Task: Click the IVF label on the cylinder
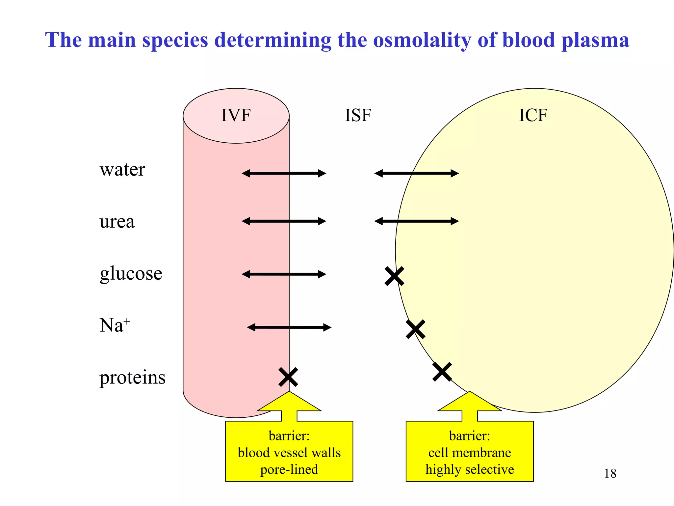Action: (236, 115)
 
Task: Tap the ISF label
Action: (358, 115)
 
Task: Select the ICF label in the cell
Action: (533, 115)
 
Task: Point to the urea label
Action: (117, 221)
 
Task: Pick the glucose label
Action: (131, 273)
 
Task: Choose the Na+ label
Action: (114, 325)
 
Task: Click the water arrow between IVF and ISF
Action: (284, 173)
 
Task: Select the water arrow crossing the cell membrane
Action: (416, 173)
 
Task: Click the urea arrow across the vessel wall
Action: (284, 221)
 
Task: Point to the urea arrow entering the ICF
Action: (416, 221)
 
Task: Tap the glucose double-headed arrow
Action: (284, 274)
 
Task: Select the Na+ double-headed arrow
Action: (289, 327)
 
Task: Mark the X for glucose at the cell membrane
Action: (394, 276)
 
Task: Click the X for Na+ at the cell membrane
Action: (415, 329)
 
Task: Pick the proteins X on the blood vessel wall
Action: (288, 377)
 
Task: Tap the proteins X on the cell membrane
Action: (442, 372)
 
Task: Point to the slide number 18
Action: (610, 474)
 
